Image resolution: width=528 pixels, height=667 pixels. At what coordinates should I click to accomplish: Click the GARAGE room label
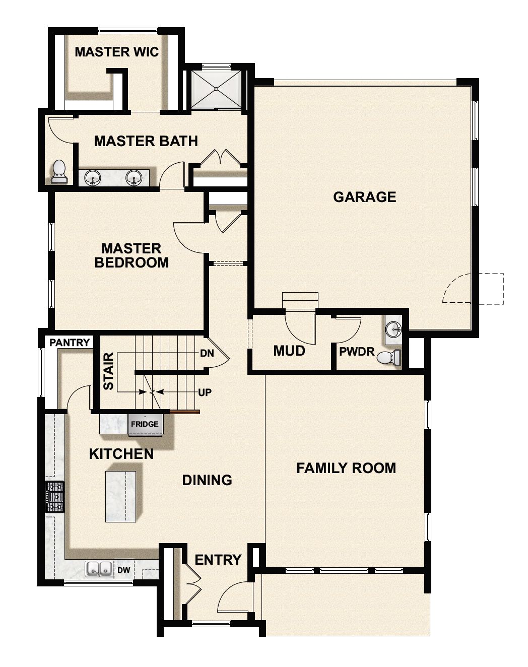[364, 196]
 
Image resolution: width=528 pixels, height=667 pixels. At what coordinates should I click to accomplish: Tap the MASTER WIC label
[116, 52]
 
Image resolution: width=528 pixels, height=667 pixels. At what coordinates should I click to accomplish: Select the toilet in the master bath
[59, 172]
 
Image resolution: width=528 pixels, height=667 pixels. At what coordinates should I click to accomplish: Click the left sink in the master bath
[92, 177]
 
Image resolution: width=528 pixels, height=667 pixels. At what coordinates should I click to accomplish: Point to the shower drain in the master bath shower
[217, 89]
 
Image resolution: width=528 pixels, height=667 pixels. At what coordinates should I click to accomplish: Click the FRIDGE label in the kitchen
[145, 424]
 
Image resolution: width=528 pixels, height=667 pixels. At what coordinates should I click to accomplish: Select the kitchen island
[121, 496]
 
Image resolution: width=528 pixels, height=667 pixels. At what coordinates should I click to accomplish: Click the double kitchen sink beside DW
[99, 569]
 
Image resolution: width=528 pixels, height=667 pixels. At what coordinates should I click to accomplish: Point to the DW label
[124, 570]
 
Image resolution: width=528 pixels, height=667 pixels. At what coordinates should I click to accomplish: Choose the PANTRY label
[70, 343]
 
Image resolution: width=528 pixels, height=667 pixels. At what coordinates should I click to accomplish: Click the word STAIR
[108, 371]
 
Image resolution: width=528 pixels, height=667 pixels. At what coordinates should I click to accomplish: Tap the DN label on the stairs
[207, 353]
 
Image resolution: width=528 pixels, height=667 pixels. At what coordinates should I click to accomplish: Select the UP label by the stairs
[205, 392]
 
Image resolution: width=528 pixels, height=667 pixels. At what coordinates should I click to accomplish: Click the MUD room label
[289, 351]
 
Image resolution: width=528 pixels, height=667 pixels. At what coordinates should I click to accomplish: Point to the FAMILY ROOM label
[346, 468]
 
